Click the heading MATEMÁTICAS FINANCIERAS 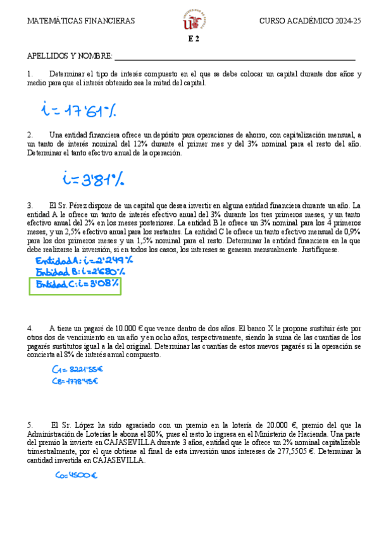pos(81,21)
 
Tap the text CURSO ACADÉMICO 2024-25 pos(310,21)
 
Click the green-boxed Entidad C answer pos(77,285)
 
